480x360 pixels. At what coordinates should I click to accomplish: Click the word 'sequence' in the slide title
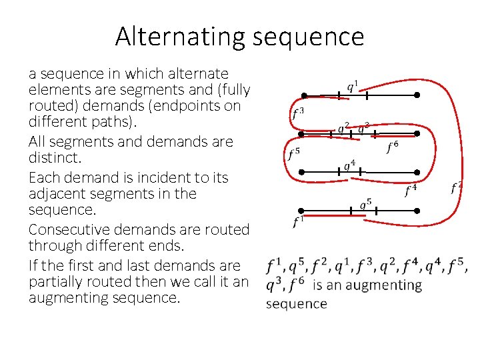pos(308,37)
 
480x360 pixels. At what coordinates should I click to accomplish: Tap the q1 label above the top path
pos(353,87)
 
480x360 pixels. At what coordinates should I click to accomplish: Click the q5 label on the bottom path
pos(365,203)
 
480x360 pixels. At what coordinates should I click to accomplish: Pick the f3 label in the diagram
pos(298,114)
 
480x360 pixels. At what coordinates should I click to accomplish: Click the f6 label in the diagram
pos(393,147)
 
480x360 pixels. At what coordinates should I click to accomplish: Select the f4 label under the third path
pos(411,191)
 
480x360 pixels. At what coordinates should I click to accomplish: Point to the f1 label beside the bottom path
pos(299,221)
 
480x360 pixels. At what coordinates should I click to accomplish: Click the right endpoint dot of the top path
pos(417,95)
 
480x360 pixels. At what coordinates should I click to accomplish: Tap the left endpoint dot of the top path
pos(304,95)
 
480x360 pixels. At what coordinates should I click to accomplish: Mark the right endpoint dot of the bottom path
pos(417,211)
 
